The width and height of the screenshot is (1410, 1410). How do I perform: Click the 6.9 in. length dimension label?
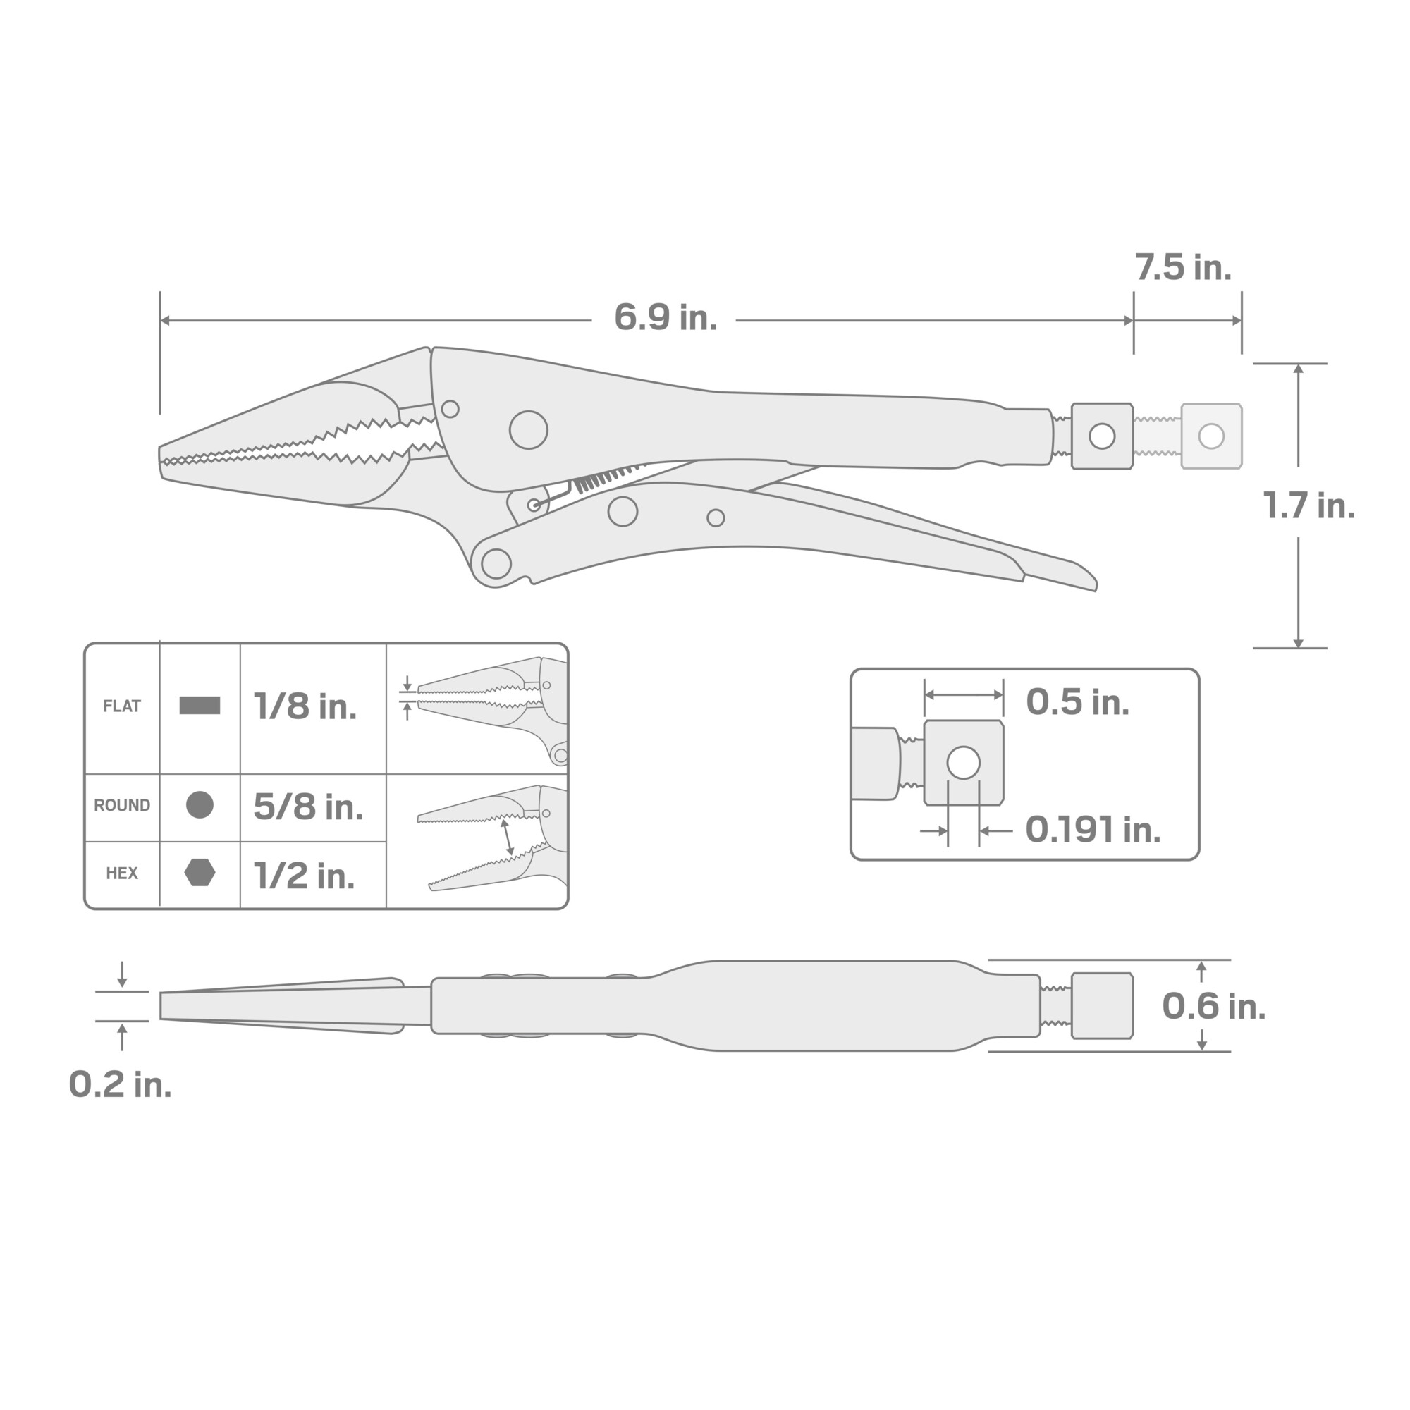[x=665, y=317]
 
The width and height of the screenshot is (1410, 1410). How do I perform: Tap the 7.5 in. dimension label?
[x=1183, y=268]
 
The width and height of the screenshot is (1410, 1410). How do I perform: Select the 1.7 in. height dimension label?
[x=1308, y=505]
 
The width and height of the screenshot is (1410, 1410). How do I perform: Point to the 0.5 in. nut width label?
[x=1077, y=702]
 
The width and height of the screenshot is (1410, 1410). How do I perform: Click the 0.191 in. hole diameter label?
[x=1093, y=830]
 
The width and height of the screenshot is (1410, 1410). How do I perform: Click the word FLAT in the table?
[x=122, y=706]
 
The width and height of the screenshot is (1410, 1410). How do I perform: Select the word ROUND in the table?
[x=122, y=806]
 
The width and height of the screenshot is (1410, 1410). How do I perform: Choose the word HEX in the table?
[x=122, y=873]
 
